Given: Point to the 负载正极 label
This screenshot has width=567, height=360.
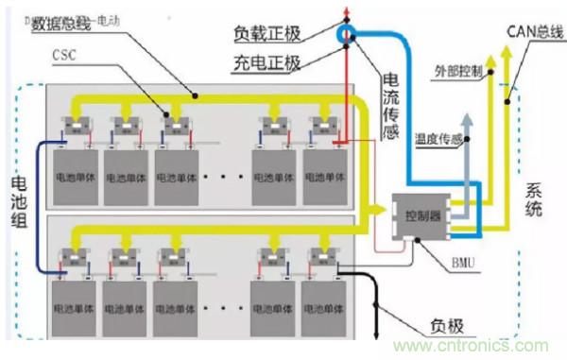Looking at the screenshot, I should click(x=266, y=34).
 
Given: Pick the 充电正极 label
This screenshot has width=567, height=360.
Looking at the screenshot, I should click(x=266, y=63).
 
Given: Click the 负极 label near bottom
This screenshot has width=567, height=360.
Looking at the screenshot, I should click(x=444, y=326).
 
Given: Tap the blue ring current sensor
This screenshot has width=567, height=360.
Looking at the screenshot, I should click(x=349, y=35).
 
